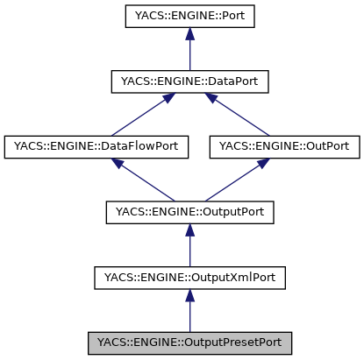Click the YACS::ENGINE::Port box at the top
pyautogui.click(x=189, y=17)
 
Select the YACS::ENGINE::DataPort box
pyautogui.click(x=189, y=81)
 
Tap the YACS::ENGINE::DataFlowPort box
pyautogui.click(x=96, y=146)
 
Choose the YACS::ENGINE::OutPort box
pyautogui.click(x=283, y=146)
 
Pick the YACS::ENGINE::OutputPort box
pyautogui.click(x=189, y=211)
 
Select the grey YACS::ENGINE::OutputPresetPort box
pyautogui.click(x=189, y=342)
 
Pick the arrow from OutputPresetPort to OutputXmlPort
pyautogui.click(x=189, y=311)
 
